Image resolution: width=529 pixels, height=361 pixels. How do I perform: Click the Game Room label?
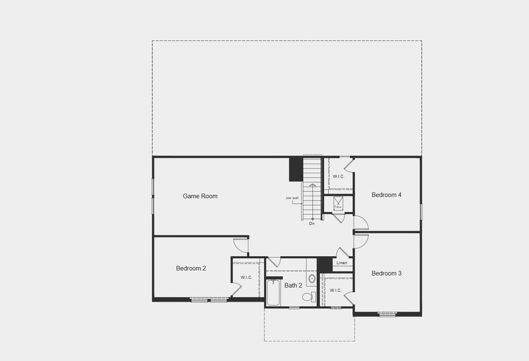(x=200, y=196)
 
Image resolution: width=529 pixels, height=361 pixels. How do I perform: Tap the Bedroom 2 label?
(x=191, y=268)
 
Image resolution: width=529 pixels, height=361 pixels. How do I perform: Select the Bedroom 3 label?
(x=387, y=274)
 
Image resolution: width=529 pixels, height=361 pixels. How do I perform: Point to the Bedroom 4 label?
(x=387, y=195)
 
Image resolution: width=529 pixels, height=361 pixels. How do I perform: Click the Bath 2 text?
(x=293, y=286)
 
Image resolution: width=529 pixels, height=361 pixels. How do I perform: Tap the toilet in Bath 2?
(x=307, y=297)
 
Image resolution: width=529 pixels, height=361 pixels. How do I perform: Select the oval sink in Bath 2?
(x=312, y=279)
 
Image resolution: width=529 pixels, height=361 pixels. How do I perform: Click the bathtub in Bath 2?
(x=273, y=293)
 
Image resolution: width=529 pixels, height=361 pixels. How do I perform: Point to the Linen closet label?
(x=341, y=263)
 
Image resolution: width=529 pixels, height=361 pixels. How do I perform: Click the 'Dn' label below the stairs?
(x=312, y=224)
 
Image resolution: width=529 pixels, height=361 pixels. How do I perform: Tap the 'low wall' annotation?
(x=292, y=198)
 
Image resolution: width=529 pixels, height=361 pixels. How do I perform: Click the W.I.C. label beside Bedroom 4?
(x=338, y=176)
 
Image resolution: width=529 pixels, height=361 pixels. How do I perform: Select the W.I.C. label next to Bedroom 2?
(x=246, y=277)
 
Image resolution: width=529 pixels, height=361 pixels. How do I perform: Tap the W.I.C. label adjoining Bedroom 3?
(x=335, y=291)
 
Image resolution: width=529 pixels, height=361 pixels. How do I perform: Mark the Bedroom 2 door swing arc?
(x=240, y=245)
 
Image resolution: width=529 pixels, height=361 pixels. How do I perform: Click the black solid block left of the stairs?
(x=295, y=169)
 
